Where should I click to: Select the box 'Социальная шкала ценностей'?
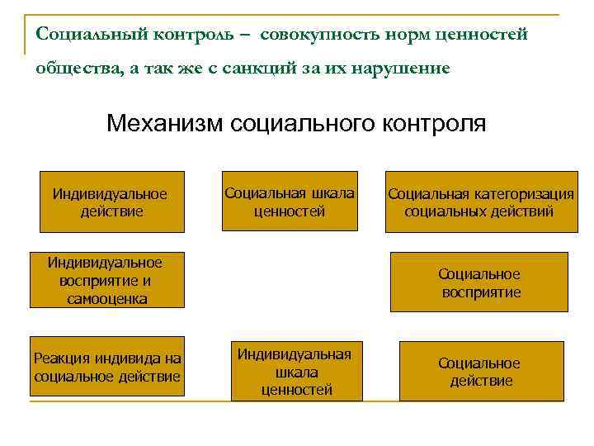[289, 202]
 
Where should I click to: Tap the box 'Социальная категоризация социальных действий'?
[480, 202]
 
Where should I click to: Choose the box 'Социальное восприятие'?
[478, 282]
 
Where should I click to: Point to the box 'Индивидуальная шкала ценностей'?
[295, 371]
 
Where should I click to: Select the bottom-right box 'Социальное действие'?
[480, 372]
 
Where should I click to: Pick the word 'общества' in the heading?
[75, 69]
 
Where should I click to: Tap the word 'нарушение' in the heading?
[408, 69]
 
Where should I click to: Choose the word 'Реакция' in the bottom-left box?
[59, 358]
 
